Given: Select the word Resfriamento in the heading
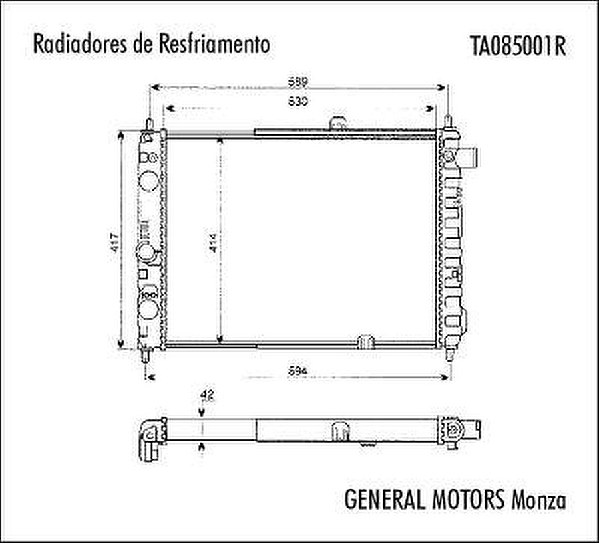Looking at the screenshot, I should pyautogui.click(x=215, y=45).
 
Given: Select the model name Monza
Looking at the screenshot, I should pyautogui.click(x=538, y=500).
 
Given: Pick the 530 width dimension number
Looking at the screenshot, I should pyautogui.click(x=298, y=102).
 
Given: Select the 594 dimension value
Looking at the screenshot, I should pyautogui.click(x=298, y=371).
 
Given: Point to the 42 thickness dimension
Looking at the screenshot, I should pyautogui.click(x=206, y=396).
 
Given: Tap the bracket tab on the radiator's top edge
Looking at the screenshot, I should pyautogui.click(x=339, y=123).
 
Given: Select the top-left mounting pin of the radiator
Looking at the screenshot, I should pyautogui.click(x=150, y=124).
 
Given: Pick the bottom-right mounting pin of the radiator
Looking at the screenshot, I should pyautogui.click(x=451, y=354).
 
